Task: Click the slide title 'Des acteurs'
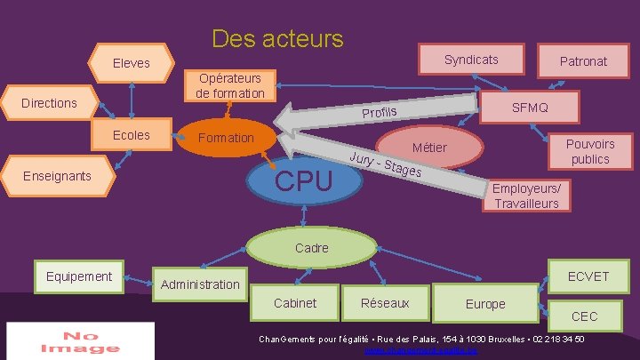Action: [277, 39]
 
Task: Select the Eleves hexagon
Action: [132, 63]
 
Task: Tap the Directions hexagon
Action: [50, 103]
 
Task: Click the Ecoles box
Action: [132, 135]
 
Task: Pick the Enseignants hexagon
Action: [57, 175]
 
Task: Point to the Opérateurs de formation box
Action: [230, 85]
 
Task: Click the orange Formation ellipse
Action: [226, 139]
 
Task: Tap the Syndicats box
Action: [471, 60]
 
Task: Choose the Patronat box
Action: [583, 60]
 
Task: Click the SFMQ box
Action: [530, 108]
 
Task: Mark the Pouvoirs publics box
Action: [590, 151]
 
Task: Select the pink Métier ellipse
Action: [430, 148]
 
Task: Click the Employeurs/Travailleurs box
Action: [527, 196]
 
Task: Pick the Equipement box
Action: [79, 276]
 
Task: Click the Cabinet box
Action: [295, 303]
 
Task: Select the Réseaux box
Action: [385, 303]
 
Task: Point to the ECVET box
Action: [588, 276]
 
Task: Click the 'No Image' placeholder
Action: [80, 341]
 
